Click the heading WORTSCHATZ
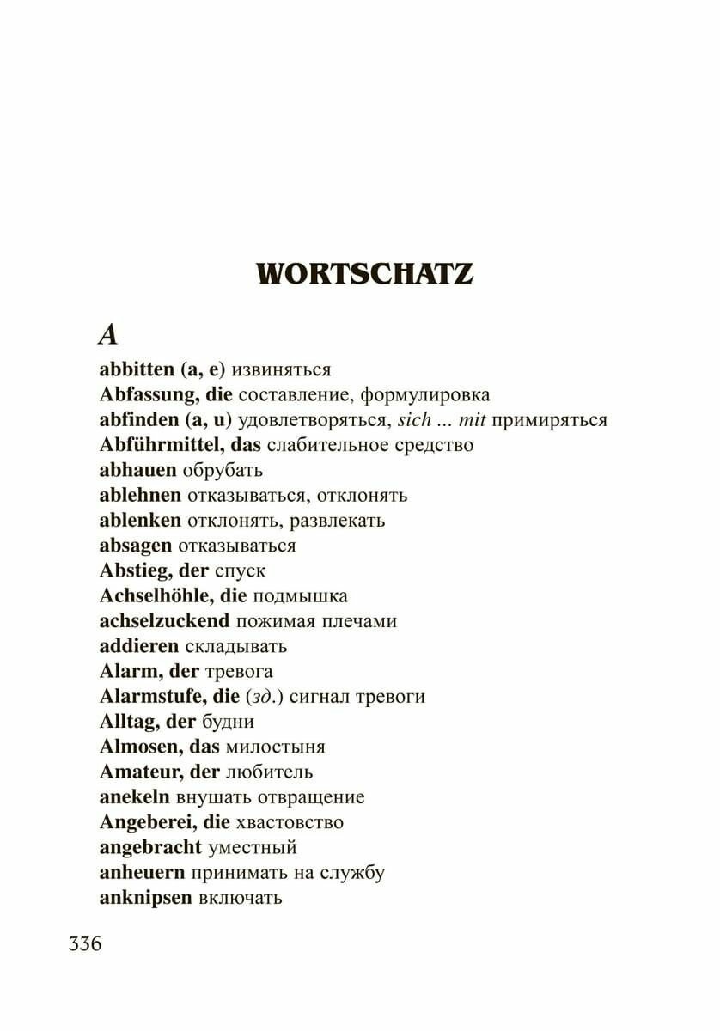pyautogui.click(x=365, y=273)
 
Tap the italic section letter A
pyautogui.click(x=107, y=334)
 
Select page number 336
pyautogui.click(x=85, y=943)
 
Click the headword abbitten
pyautogui.click(x=137, y=369)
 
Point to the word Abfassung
pyautogui.click(x=149, y=395)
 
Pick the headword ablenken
pyautogui.click(x=140, y=521)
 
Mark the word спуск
pyautogui.click(x=240, y=570)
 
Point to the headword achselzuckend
pyautogui.click(x=164, y=621)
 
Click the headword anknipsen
pyautogui.click(x=145, y=898)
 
